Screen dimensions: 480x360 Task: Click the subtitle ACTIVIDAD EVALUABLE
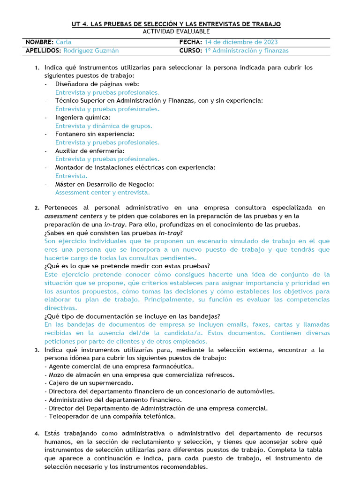coord(176,31)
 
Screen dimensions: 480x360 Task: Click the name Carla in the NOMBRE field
coord(63,42)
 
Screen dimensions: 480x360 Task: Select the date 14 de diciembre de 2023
coord(241,42)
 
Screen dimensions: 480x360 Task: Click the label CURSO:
coord(191,51)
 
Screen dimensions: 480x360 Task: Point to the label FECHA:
coord(191,42)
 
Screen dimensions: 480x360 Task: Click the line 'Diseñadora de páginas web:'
coord(97,84)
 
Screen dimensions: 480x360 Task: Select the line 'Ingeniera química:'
coord(83,118)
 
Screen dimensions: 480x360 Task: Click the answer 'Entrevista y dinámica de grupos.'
coord(104,126)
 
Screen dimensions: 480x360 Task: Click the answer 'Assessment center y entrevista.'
coord(103,192)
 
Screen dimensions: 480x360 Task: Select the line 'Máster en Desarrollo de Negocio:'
coord(105,184)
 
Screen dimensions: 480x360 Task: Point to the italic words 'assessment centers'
coord(73,216)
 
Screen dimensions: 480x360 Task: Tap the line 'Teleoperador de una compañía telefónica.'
coord(110,416)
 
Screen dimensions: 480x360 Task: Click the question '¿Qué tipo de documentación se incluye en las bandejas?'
coord(132,316)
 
